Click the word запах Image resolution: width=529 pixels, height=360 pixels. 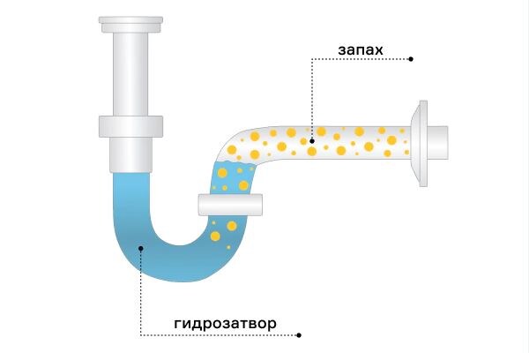pos(361,50)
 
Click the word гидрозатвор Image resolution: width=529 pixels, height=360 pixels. pos(225,324)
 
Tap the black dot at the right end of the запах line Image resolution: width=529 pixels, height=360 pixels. pos(411,59)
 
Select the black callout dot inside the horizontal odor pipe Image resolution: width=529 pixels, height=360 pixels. pos(312,141)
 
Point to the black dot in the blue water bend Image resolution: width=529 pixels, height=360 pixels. pos(141,248)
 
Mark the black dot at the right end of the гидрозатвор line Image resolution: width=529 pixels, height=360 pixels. pos(299,335)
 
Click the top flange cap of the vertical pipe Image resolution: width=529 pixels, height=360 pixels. pos(130,25)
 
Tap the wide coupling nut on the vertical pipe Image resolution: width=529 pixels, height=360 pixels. pos(130,127)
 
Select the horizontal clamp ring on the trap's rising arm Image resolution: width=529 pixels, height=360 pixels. pos(230,205)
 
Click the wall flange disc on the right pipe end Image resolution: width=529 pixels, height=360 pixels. pos(420,143)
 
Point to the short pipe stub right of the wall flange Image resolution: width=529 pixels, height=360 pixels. pos(437,143)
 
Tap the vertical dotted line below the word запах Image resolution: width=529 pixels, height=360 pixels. pos(312,99)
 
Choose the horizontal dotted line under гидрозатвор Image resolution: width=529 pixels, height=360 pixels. pos(220,335)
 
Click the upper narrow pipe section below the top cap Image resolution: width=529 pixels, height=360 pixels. pos(130,74)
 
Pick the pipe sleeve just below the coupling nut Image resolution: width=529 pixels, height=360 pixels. pos(130,155)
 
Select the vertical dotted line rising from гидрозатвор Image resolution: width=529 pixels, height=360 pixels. pos(141,292)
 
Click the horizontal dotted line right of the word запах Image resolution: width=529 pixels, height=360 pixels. pos(361,59)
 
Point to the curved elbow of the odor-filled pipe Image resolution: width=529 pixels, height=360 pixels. pos(236,146)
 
